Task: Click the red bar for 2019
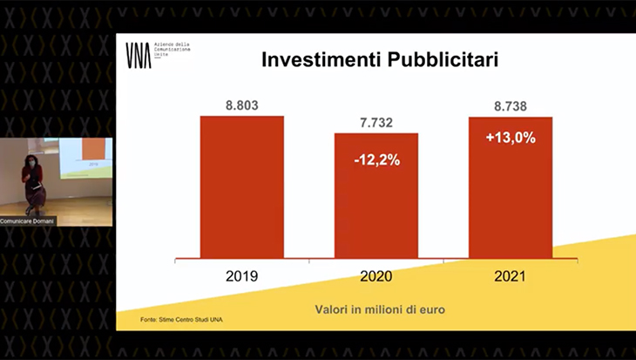(x=241, y=187)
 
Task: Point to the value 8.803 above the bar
(x=242, y=106)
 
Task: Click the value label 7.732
(x=376, y=123)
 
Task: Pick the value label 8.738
(x=511, y=106)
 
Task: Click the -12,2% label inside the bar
(x=376, y=160)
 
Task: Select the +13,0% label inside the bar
(x=511, y=137)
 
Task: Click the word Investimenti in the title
(x=314, y=61)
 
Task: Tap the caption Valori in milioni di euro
(x=376, y=309)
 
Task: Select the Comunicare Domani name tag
(x=22, y=221)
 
